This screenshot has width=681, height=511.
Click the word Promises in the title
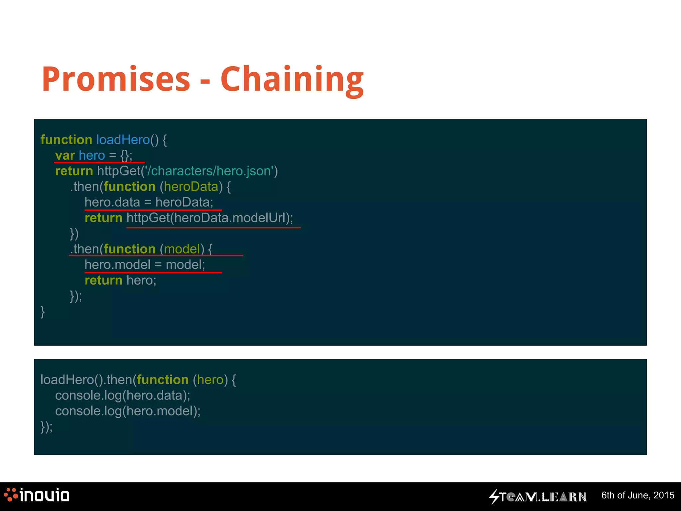116,79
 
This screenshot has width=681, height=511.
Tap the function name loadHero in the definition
123,140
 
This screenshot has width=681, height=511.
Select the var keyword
65,155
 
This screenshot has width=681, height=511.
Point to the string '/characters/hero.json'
209,171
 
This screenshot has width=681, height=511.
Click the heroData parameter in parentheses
191,187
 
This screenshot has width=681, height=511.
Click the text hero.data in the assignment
112,202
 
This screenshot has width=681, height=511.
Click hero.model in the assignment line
117,265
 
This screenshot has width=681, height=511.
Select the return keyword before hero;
103,280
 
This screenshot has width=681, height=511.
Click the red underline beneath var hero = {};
99,162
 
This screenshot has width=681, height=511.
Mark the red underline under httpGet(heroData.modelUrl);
213,227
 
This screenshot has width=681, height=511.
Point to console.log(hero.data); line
122,396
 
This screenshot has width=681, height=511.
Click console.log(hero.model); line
128,411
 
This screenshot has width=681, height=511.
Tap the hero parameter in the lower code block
210,380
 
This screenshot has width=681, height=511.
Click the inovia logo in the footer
37,495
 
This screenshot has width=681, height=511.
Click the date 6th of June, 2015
637,495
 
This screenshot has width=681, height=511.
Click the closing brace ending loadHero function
43,312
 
